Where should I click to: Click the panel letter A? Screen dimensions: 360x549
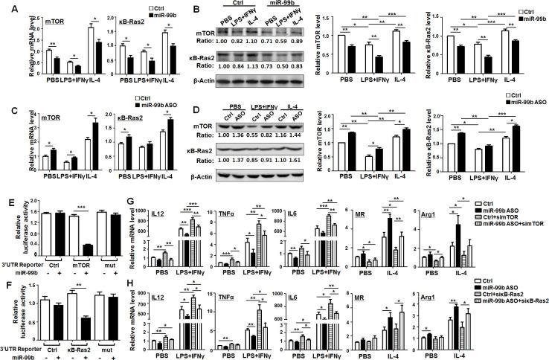pyautogui.click(x=5, y=7)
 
